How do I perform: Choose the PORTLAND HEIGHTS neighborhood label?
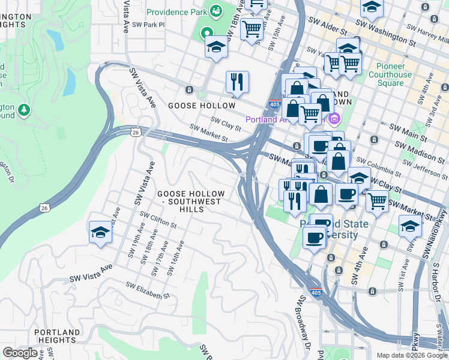click(x=57, y=337)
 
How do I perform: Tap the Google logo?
click(x=20, y=353)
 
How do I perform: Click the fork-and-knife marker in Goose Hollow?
click(x=237, y=82)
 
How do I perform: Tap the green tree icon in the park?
click(x=24, y=110)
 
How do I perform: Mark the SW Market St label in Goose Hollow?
click(x=209, y=134)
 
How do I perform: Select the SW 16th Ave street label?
click(x=176, y=258)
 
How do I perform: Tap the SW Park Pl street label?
click(x=148, y=25)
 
